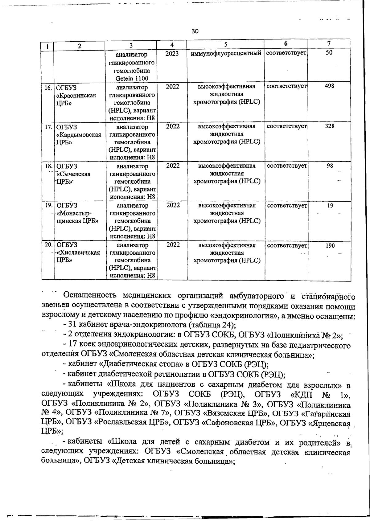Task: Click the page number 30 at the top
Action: (x=195, y=31)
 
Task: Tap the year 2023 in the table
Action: (x=172, y=53)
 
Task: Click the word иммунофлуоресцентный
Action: (x=226, y=53)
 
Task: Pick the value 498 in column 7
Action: (x=329, y=86)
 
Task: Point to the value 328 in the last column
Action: (x=329, y=126)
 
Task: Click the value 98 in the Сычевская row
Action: (x=330, y=166)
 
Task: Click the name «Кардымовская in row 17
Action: (x=79, y=135)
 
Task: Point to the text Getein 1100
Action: (x=132, y=78)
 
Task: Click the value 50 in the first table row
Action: (x=329, y=53)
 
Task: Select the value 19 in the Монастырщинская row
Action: (x=330, y=205)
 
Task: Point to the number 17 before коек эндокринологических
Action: (x=72, y=345)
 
